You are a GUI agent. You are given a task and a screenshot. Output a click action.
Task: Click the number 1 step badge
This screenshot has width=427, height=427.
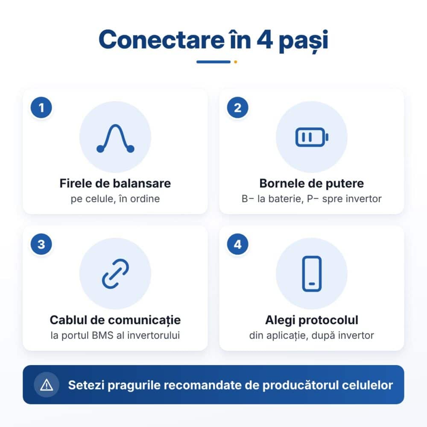(41, 108)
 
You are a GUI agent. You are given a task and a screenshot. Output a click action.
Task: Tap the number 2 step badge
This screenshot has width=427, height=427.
(238, 108)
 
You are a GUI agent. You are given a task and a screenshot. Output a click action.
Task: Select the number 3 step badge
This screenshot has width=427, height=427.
(41, 244)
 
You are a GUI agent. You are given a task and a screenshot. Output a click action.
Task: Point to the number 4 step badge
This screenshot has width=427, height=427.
(238, 244)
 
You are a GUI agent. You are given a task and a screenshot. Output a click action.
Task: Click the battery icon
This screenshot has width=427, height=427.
(312, 137)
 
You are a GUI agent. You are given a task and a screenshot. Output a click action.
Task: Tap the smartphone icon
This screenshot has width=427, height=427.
(312, 274)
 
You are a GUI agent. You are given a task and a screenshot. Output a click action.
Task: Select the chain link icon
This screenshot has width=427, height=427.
(115, 274)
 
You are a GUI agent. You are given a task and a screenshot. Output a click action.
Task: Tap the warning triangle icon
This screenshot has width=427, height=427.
(47, 385)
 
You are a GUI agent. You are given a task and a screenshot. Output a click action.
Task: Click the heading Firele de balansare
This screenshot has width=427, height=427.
(115, 183)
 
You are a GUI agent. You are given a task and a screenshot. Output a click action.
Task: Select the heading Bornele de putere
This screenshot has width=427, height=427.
(312, 183)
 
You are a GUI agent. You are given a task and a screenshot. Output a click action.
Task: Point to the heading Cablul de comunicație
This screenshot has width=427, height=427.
(115, 320)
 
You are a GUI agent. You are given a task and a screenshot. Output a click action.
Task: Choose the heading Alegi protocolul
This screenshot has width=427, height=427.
(312, 320)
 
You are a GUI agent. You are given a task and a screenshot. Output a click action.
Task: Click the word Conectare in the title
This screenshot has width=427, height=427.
(162, 40)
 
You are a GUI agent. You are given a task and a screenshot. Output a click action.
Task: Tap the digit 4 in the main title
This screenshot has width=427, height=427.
(265, 40)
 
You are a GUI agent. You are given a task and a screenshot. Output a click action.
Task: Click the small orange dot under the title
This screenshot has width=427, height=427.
(236, 62)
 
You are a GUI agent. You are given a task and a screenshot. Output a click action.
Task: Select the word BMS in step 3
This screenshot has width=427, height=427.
(102, 335)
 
